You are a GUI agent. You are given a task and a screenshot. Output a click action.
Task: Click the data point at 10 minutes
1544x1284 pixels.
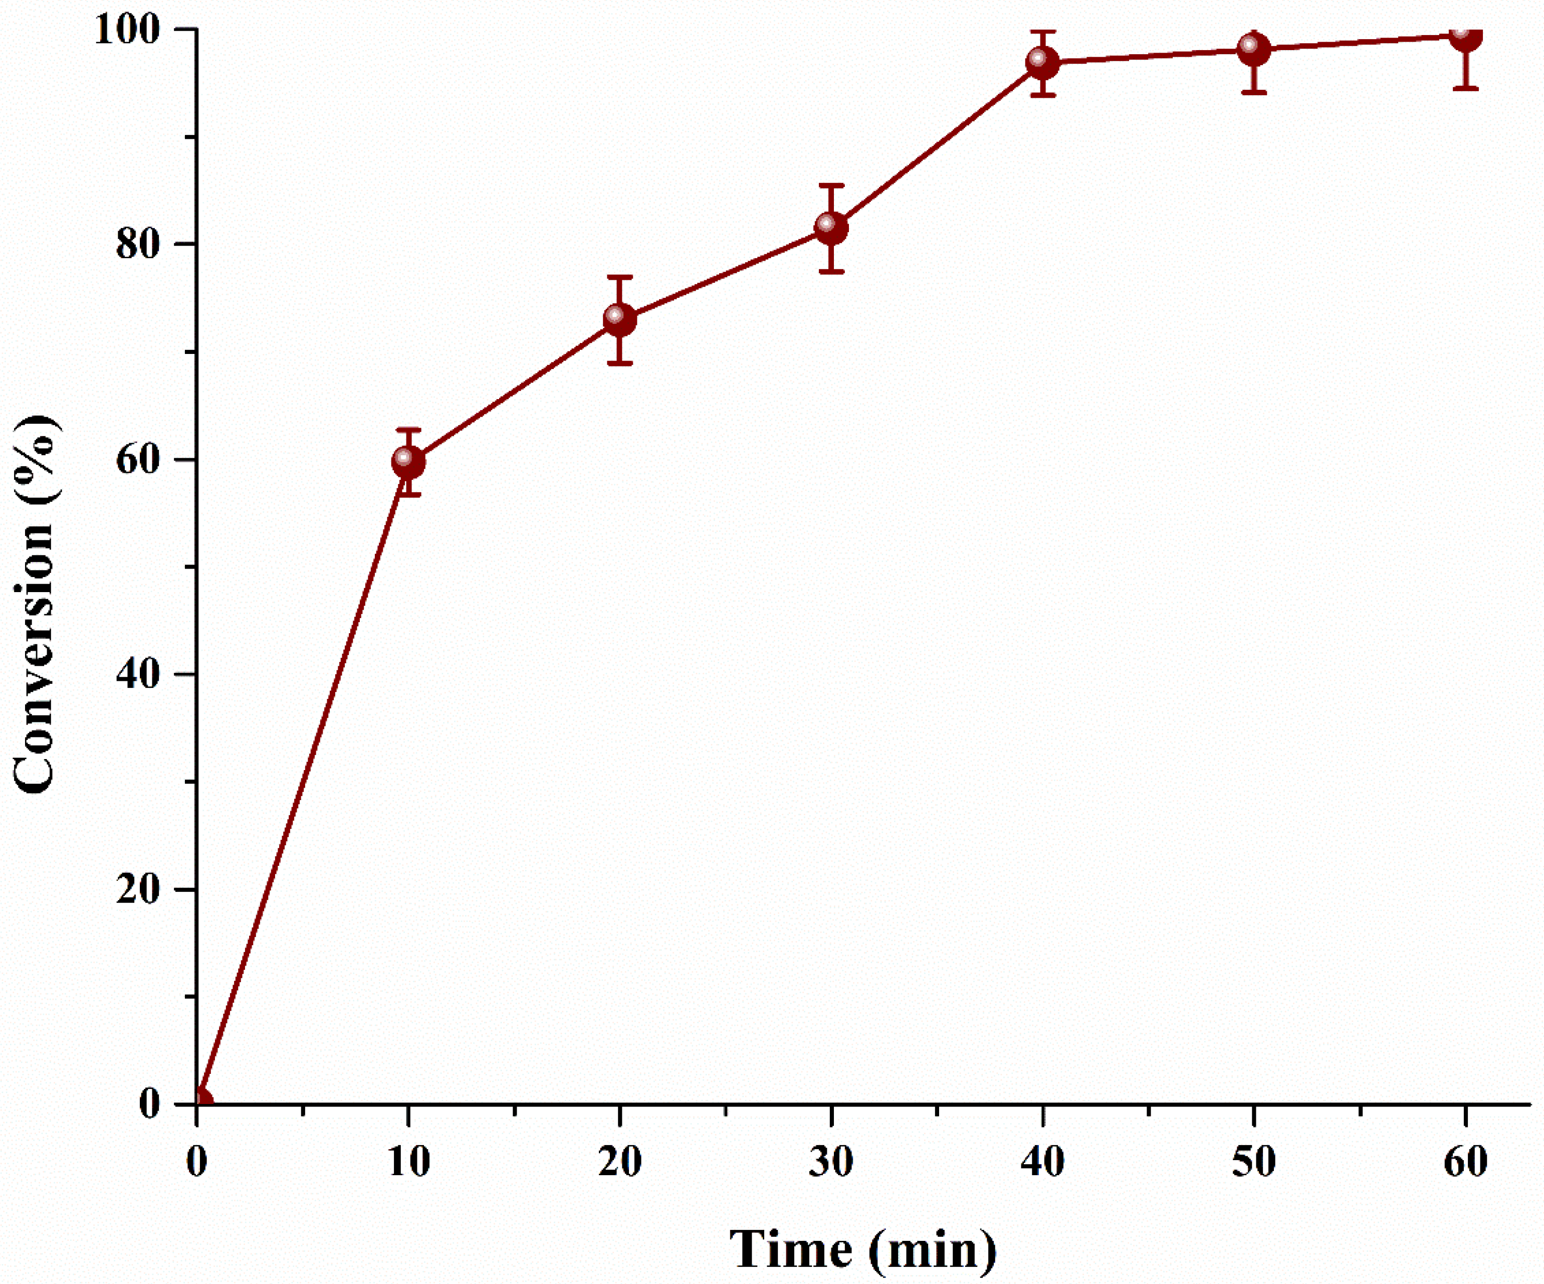coord(408,462)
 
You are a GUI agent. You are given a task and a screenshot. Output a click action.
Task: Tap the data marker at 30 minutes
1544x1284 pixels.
coord(831,227)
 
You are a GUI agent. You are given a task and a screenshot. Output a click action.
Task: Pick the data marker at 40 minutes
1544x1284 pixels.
coord(1042,63)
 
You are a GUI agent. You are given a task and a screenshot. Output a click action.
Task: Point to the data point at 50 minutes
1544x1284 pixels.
coord(1253,49)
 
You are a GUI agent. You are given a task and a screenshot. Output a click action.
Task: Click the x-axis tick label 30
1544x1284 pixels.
coord(831,1162)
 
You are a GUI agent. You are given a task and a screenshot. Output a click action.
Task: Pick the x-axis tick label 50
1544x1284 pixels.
coord(1253,1162)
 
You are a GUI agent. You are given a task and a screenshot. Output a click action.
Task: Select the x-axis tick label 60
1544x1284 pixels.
coord(1465,1162)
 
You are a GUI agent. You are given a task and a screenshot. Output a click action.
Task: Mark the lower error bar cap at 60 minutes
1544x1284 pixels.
coord(1465,88)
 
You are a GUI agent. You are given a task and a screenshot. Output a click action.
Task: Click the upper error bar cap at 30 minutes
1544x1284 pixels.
coord(831,186)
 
